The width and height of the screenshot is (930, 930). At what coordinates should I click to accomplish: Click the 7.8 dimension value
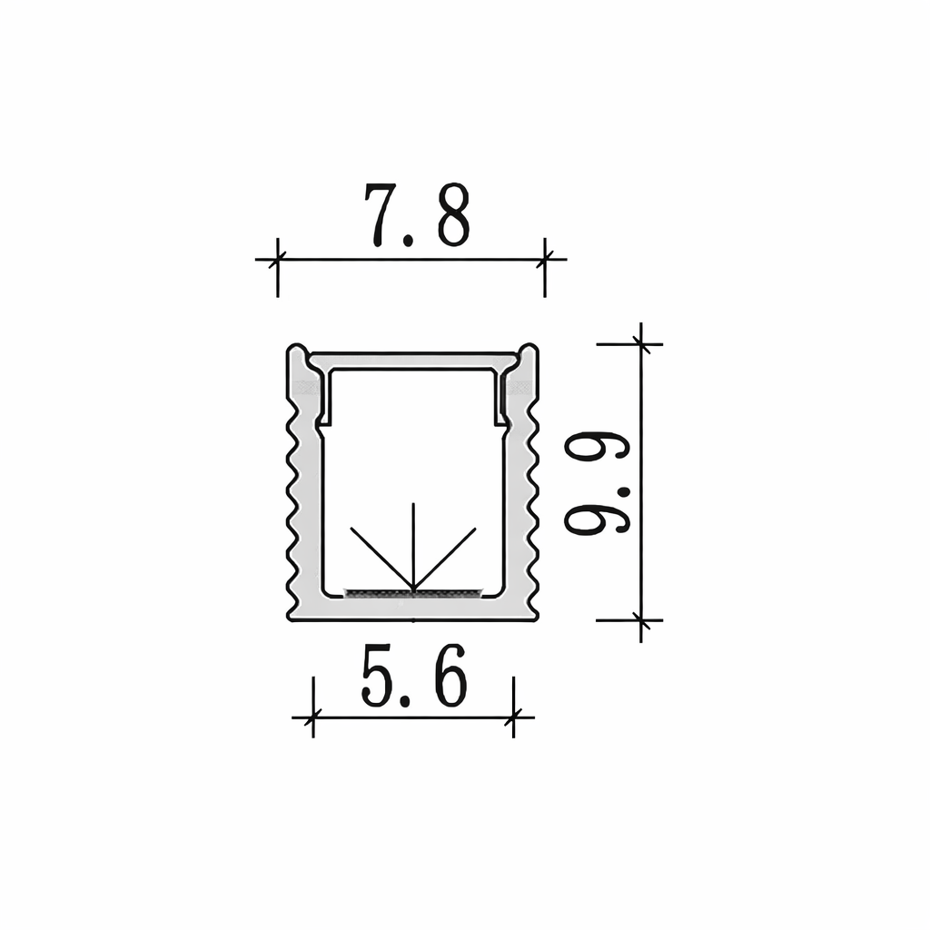[417, 214]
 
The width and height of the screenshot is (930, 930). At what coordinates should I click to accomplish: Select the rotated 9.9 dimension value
[596, 482]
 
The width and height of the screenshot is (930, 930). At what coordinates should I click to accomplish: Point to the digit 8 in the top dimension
[454, 214]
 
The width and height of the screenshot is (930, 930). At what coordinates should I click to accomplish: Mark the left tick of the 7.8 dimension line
[277, 259]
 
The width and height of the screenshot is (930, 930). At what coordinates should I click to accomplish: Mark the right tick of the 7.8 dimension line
[545, 259]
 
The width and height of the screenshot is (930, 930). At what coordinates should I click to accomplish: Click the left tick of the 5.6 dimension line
[312, 717]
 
